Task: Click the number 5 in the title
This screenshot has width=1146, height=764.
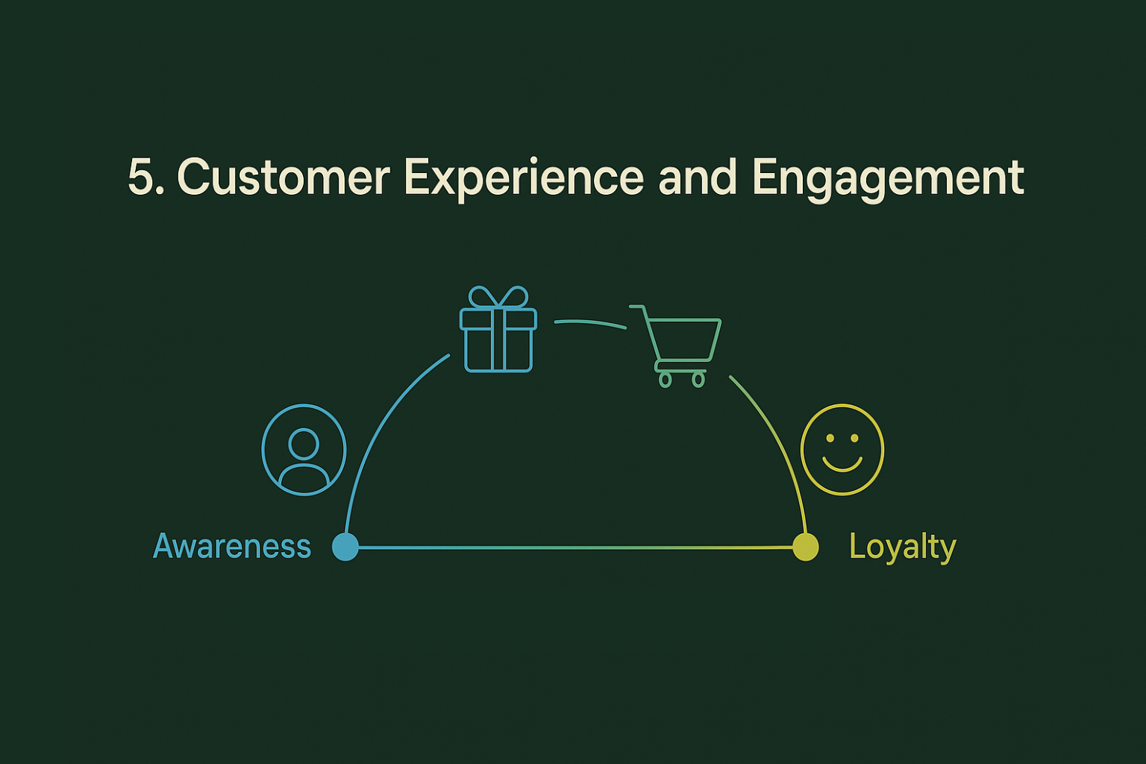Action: click(142, 178)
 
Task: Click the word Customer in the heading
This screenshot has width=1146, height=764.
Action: click(284, 178)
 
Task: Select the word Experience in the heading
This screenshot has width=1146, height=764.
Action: click(524, 178)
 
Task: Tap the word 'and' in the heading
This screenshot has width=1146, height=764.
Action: click(698, 178)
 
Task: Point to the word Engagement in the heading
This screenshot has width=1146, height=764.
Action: click(888, 178)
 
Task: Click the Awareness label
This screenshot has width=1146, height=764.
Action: click(232, 547)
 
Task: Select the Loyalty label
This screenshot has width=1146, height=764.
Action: click(902, 547)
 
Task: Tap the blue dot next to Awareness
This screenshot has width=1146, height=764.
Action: click(345, 547)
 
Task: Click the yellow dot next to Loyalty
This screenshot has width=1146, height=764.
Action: click(805, 547)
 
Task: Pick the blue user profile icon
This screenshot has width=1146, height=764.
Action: click(304, 450)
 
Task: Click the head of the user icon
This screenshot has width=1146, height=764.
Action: click(304, 443)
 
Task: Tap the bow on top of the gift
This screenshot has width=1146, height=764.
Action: click(498, 297)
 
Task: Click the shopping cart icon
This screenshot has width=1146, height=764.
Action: click(679, 343)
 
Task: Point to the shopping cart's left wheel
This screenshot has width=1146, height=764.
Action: click(665, 380)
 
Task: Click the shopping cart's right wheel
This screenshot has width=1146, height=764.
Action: click(698, 380)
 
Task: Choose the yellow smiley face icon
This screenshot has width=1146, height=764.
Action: click(842, 450)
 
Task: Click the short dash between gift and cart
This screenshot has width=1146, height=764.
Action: click(590, 323)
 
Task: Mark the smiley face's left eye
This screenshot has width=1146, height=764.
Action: click(830, 438)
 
